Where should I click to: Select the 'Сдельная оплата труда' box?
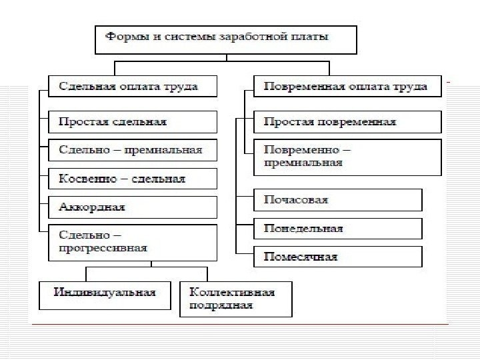(133, 87)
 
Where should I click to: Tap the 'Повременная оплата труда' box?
(346, 87)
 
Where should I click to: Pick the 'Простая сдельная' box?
(133, 122)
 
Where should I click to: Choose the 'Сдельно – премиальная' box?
(133, 150)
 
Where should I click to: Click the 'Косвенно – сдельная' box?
(133, 179)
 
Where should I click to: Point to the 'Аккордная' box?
(133, 207)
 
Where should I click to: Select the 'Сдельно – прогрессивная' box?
(133, 242)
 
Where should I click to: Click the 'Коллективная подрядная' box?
(235, 298)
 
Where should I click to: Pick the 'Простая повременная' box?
(347, 122)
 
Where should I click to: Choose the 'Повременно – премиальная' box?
(347, 157)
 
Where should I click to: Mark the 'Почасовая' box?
(338, 200)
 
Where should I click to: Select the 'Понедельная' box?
(338, 229)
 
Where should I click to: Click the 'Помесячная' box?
(338, 257)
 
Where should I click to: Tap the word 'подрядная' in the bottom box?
(221, 305)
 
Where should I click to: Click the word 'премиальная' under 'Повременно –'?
(303, 163)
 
